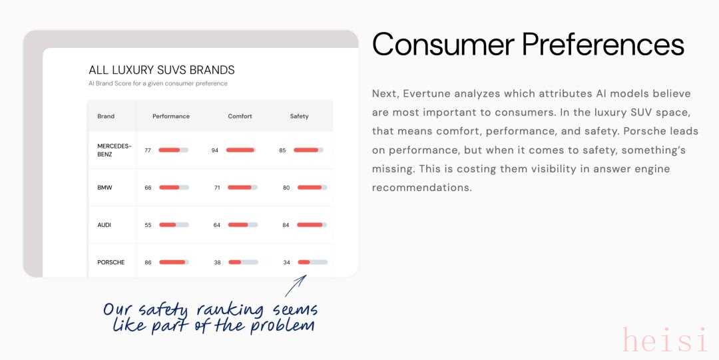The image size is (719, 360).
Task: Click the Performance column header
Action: tap(171, 116)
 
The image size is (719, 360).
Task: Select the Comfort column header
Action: tap(240, 116)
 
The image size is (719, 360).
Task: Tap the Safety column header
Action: tap(300, 116)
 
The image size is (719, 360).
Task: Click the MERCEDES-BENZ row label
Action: tap(115, 150)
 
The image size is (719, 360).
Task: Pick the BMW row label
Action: tap(105, 188)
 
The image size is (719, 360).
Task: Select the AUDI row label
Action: tap(104, 225)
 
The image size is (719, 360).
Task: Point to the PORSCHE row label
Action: tap(111, 262)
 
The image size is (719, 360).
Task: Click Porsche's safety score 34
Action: tap(286, 262)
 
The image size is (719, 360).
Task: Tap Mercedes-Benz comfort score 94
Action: tap(215, 150)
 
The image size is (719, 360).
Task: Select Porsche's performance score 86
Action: tap(148, 262)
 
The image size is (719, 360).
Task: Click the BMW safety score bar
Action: tap(312, 188)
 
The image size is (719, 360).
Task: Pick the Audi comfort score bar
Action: tap(242, 225)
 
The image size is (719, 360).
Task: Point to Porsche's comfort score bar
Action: tap(243, 262)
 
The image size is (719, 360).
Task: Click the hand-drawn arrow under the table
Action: tap(295, 286)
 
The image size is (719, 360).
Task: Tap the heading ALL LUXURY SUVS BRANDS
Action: tap(161, 70)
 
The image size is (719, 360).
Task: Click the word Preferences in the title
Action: tap(603, 45)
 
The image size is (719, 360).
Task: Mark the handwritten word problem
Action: tap(282, 326)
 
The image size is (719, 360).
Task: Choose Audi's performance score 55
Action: tap(148, 225)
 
